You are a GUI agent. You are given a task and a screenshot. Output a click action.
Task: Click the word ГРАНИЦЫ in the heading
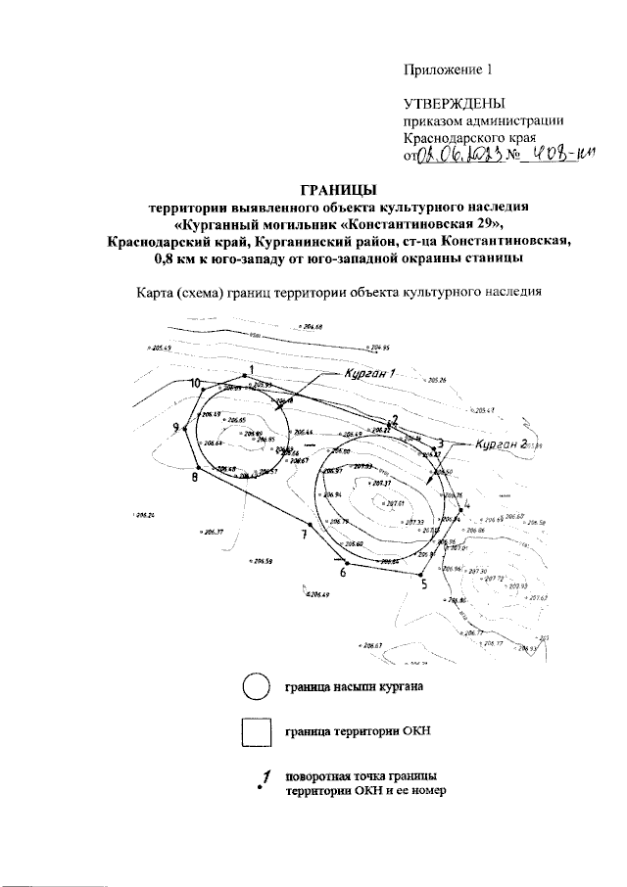[336, 189]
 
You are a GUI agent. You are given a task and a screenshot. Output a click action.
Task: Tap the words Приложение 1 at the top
[446, 70]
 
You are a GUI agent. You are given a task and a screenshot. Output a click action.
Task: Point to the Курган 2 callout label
[500, 443]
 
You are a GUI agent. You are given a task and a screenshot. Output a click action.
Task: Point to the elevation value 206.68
[313, 326]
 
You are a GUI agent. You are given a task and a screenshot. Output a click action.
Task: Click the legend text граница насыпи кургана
[355, 687]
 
